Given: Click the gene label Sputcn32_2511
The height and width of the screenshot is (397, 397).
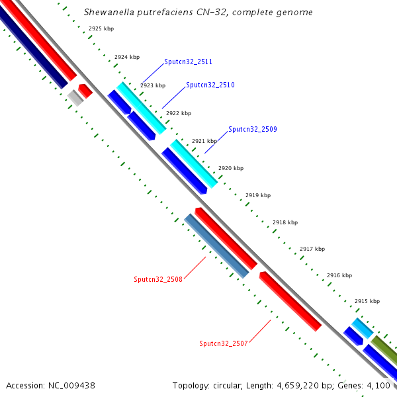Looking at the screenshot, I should [188, 62].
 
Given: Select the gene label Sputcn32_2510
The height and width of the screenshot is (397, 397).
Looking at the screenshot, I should [210, 85].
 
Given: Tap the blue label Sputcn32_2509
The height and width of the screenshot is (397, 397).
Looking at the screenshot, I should [253, 129].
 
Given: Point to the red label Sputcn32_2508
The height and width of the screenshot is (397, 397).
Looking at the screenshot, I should [158, 279].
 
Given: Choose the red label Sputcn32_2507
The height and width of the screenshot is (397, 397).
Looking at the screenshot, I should [224, 343].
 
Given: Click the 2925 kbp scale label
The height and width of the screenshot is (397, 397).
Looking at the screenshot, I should [101, 29].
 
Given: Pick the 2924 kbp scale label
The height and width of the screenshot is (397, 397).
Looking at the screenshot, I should [127, 58].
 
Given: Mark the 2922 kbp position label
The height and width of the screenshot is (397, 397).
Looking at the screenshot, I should [178, 113].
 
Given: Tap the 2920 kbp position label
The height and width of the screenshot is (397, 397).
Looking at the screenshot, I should [231, 169].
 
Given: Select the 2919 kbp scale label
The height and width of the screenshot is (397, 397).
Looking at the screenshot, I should [258, 195].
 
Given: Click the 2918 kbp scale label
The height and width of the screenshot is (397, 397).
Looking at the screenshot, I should [285, 222].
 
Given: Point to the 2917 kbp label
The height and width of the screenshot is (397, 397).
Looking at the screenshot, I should [312, 249].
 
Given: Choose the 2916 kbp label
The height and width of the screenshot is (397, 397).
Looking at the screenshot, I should [339, 275].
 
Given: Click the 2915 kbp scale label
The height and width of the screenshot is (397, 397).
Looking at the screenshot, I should [367, 301].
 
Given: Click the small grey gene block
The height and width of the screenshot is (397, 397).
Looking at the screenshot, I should [75, 98].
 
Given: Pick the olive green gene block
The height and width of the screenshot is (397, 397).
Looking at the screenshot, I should [384, 349].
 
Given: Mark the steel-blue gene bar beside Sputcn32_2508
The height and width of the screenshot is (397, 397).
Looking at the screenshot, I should [216, 245].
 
